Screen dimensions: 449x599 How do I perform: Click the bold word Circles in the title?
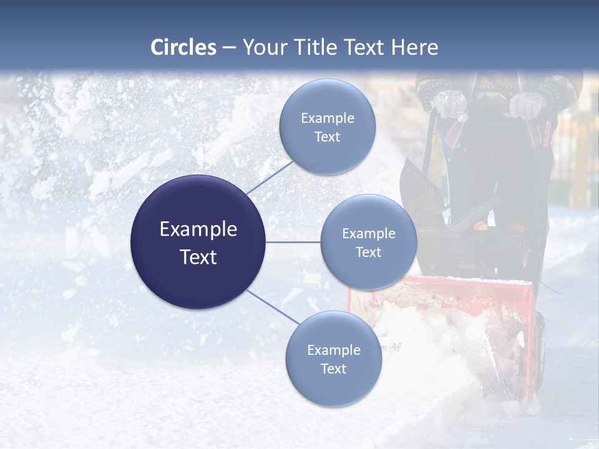(x=183, y=47)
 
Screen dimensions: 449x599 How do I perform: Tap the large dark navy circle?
(x=198, y=242)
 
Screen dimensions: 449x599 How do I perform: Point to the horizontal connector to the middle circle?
(x=293, y=242)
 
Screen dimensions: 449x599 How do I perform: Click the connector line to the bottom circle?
(x=272, y=307)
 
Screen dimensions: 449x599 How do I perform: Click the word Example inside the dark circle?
(x=198, y=229)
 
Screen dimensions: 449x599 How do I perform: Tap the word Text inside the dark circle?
(x=198, y=257)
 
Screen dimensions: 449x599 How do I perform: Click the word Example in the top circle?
(x=327, y=118)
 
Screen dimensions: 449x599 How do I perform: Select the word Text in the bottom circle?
(x=333, y=369)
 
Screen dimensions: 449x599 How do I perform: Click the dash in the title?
(x=228, y=47)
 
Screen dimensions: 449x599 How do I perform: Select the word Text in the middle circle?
(x=368, y=252)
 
